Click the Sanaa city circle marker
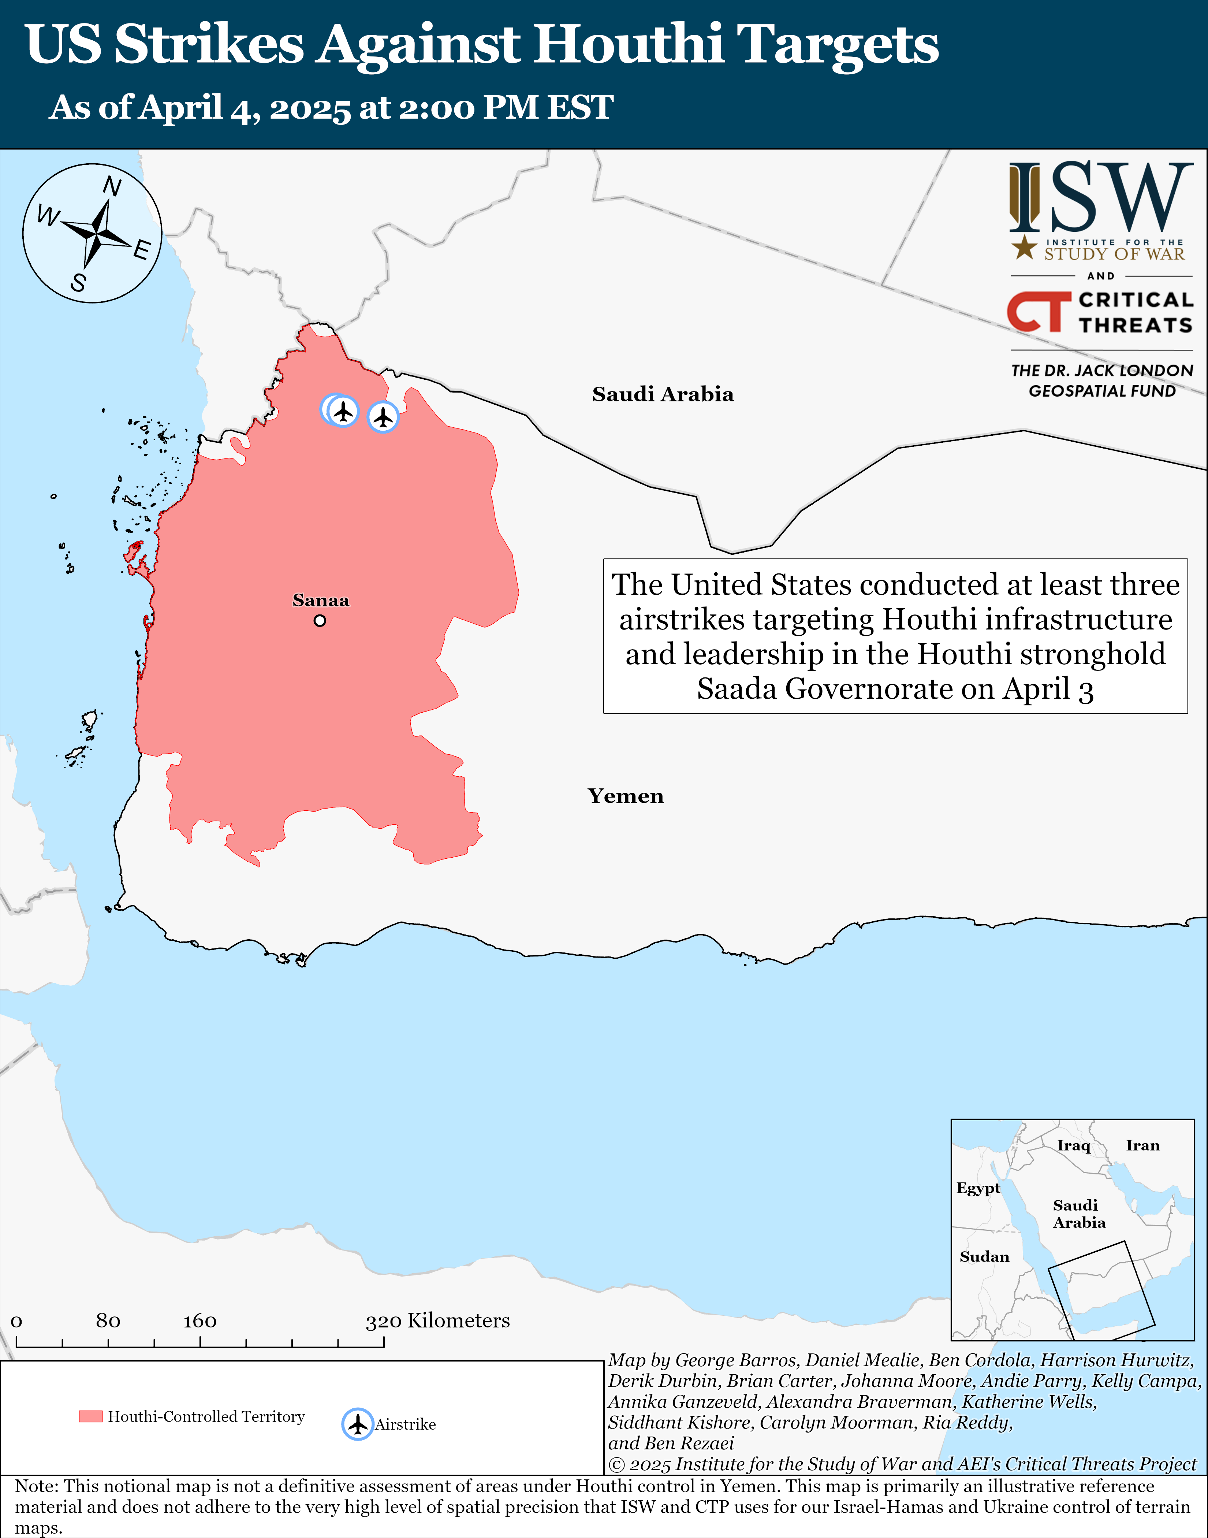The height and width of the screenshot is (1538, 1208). [320, 620]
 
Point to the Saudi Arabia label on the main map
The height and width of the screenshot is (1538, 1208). [663, 394]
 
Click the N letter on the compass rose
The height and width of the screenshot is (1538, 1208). [112, 187]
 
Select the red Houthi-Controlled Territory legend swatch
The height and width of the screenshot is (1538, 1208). [90, 1416]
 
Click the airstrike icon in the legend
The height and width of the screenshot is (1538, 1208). [358, 1424]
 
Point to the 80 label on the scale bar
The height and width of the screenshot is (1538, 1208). [108, 1321]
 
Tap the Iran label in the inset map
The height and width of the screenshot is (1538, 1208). [1143, 1145]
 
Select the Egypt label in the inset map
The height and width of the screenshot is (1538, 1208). [978, 1188]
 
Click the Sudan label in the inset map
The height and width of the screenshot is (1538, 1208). [984, 1256]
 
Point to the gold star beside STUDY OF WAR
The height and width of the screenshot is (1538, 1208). [1024, 248]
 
